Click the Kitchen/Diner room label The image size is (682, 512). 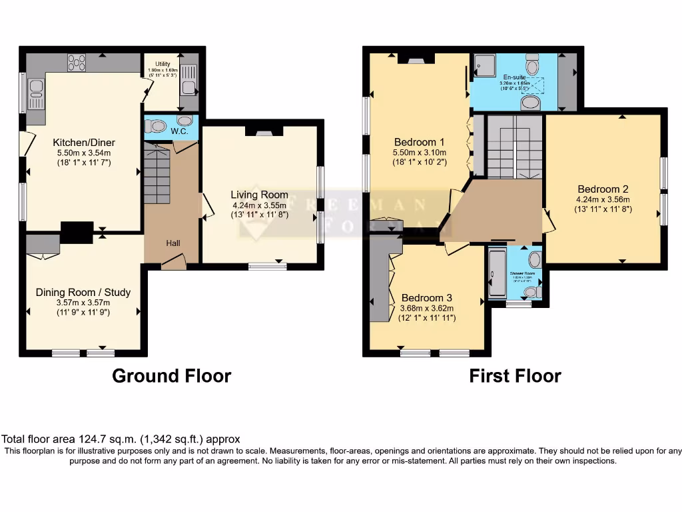coord(84,142)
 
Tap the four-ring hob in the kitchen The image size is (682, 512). coord(77,62)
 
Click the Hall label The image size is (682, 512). coord(173,243)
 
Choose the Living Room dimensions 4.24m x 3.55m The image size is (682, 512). coord(259,205)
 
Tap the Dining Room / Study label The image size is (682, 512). coord(83,292)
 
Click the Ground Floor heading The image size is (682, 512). coord(171,376)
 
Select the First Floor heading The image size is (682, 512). coord(515,376)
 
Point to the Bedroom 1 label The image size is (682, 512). coord(419,142)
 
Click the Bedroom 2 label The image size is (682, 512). coord(603,189)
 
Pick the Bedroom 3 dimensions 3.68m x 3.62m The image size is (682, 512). coord(426,308)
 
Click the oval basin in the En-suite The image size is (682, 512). coord(531,102)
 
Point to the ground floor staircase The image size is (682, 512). coord(157,177)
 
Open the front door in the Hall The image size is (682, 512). coord(173,264)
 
